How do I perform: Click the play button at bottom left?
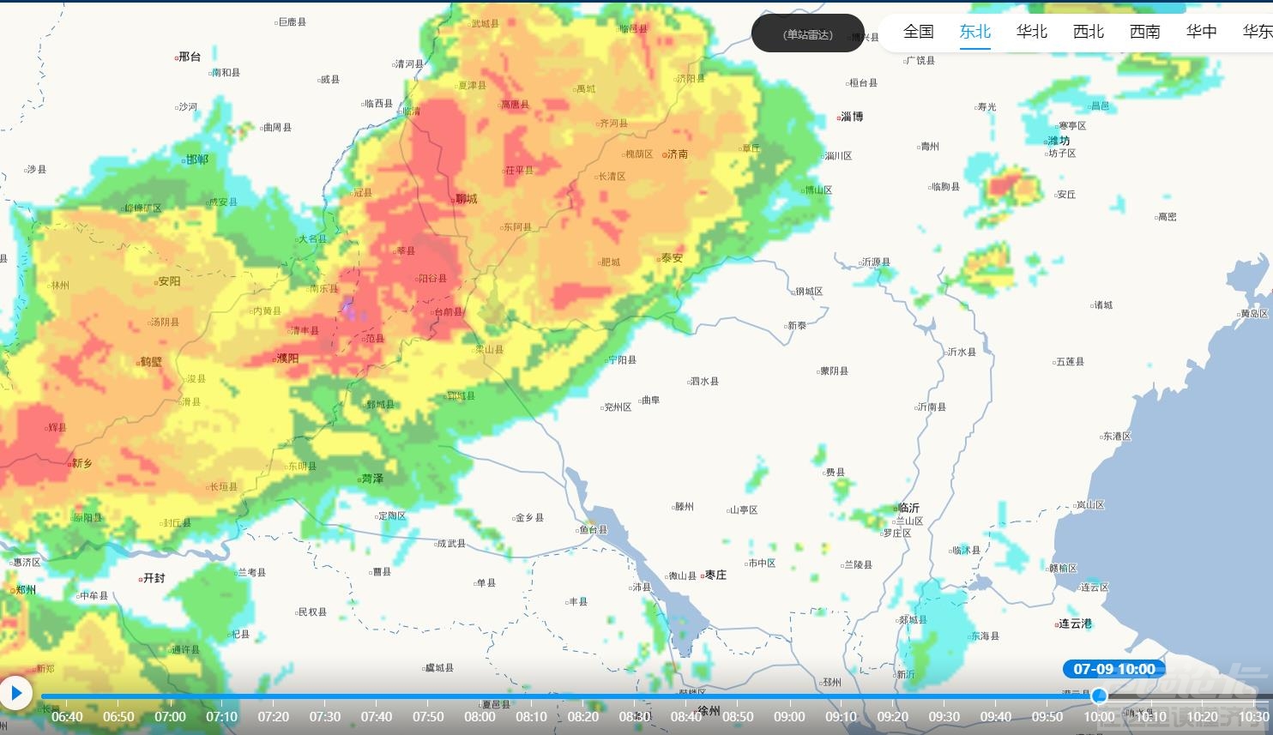(x=15, y=692)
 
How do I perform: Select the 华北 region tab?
(x=1031, y=32)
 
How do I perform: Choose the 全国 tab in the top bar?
(x=918, y=32)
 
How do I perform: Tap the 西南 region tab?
(x=1144, y=32)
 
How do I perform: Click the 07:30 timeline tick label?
(x=325, y=717)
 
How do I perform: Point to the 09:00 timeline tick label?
(x=789, y=717)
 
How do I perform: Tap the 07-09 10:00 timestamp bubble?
(x=1113, y=669)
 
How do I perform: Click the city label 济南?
(x=676, y=154)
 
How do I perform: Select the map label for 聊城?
(x=466, y=199)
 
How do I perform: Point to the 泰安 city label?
(x=671, y=258)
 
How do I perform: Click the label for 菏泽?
(x=371, y=479)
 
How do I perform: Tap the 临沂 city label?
(x=907, y=508)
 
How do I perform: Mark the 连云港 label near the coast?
(x=1074, y=624)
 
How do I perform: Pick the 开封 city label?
(x=153, y=578)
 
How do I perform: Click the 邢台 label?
(x=189, y=57)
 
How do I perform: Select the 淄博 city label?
(x=851, y=117)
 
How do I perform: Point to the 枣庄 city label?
(x=715, y=575)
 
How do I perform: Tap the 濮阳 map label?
(x=287, y=358)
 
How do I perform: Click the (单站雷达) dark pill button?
(x=807, y=34)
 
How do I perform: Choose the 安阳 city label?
(x=168, y=281)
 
